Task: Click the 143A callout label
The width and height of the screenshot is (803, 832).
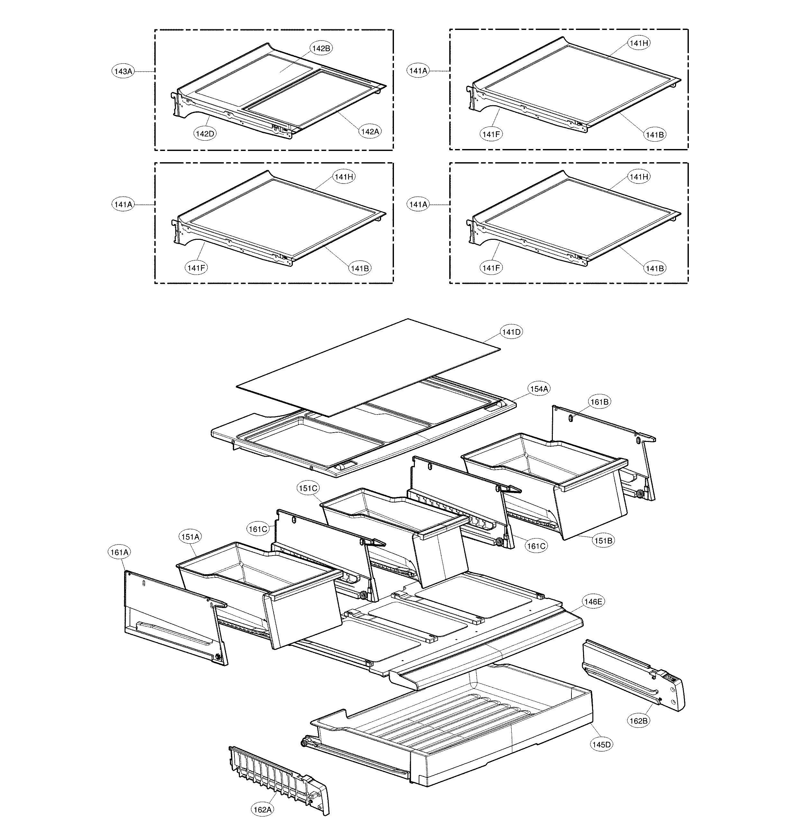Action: [x=123, y=71]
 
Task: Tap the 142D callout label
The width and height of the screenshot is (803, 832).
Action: [x=205, y=134]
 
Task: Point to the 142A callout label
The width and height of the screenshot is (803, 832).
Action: [x=370, y=132]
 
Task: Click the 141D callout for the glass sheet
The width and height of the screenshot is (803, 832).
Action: [x=511, y=332]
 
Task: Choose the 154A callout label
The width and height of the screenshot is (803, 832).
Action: [x=539, y=389]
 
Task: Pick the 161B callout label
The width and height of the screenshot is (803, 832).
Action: [x=599, y=402]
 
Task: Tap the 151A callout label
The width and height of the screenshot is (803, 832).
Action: [x=190, y=537]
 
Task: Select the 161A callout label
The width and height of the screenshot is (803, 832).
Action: [x=119, y=552]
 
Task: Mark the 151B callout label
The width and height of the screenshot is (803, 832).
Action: [x=603, y=541]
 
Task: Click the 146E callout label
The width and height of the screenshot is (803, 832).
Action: [x=593, y=602]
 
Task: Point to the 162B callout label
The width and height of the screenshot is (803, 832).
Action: [x=638, y=721]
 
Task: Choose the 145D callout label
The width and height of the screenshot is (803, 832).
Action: [x=601, y=744]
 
